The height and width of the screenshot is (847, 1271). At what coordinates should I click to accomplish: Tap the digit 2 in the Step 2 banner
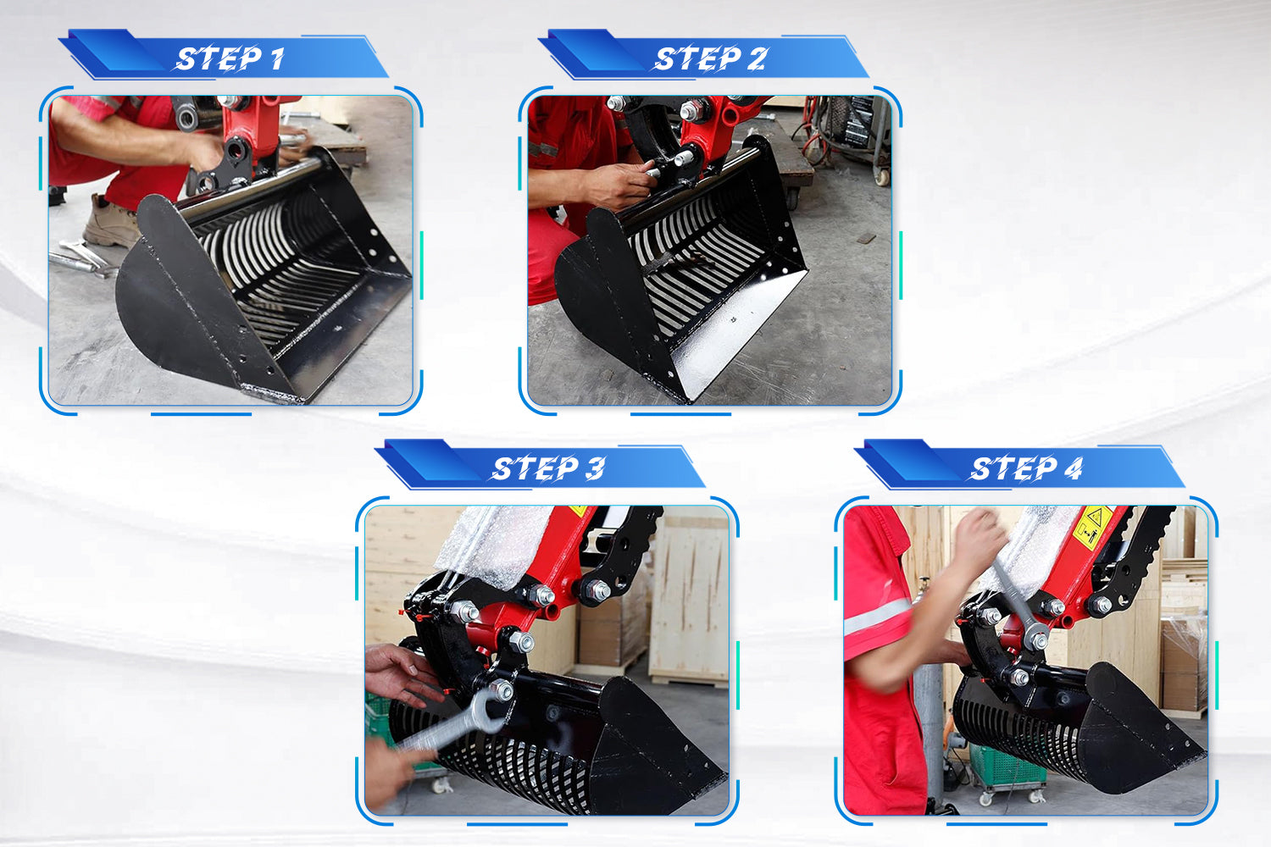[757, 58]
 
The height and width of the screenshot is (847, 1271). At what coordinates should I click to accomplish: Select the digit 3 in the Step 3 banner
[595, 468]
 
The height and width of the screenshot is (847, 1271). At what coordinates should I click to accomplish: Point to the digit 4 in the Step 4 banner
[1073, 468]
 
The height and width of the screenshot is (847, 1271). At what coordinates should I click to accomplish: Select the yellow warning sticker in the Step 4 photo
[1093, 529]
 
